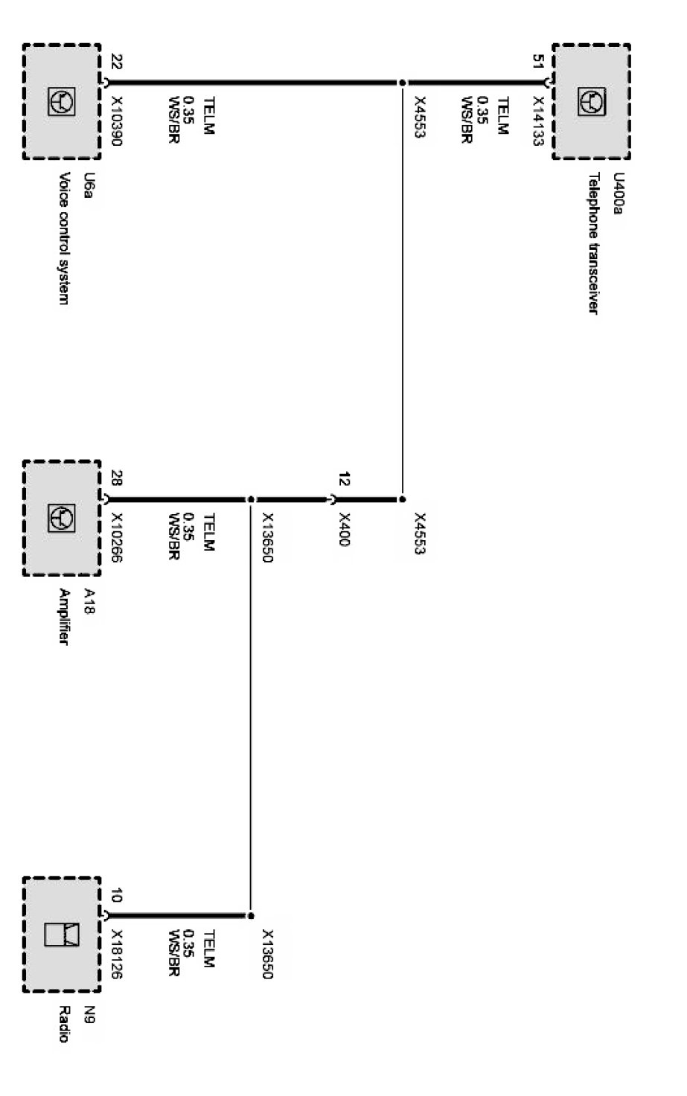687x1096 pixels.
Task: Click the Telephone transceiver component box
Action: click(x=591, y=101)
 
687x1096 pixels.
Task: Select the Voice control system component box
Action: click(x=62, y=101)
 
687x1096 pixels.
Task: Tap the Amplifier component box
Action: click(x=62, y=518)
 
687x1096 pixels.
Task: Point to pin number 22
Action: click(x=116, y=62)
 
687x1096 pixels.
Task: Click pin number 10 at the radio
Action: click(x=116, y=895)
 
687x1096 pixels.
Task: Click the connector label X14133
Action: click(x=539, y=121)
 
